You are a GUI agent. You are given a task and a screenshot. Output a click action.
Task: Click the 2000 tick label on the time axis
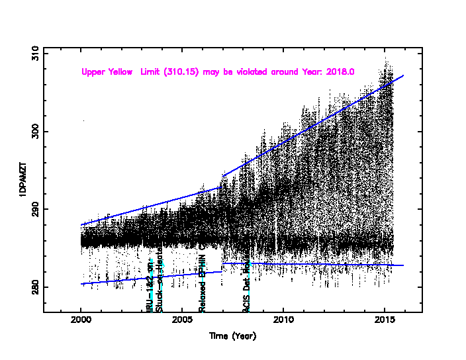click(x=81, y=322)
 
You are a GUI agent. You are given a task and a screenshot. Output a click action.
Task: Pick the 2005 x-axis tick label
click(x=182, y=322)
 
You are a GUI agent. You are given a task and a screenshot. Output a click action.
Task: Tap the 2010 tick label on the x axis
click(x=283, y=322)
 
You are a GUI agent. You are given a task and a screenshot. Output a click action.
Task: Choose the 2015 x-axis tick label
click(x=385, y=322)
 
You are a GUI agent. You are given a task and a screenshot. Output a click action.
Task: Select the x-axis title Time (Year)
click(x=232, y=336)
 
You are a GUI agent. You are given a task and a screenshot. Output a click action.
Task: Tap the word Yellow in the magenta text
click(x=120, y=71)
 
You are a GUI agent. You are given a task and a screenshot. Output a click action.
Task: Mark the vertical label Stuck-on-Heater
click(x=159, y=285)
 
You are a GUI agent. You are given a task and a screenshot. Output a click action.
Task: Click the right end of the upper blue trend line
click(x=403, y=75)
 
